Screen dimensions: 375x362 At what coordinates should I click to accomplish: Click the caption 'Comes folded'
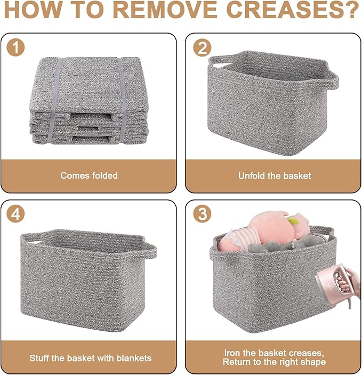tap(89, 175)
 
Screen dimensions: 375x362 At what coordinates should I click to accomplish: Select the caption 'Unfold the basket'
tap(275, 175)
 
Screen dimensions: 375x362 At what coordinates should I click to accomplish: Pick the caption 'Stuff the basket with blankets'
tap(90, 358)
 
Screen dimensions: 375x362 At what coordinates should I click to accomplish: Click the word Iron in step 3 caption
tap(231, 353)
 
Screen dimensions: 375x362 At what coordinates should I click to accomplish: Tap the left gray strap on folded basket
tap(58, 101)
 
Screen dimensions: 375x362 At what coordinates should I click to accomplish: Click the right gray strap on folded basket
tap(122, 101)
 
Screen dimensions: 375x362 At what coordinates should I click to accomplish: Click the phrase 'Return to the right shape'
tap(275, 362)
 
